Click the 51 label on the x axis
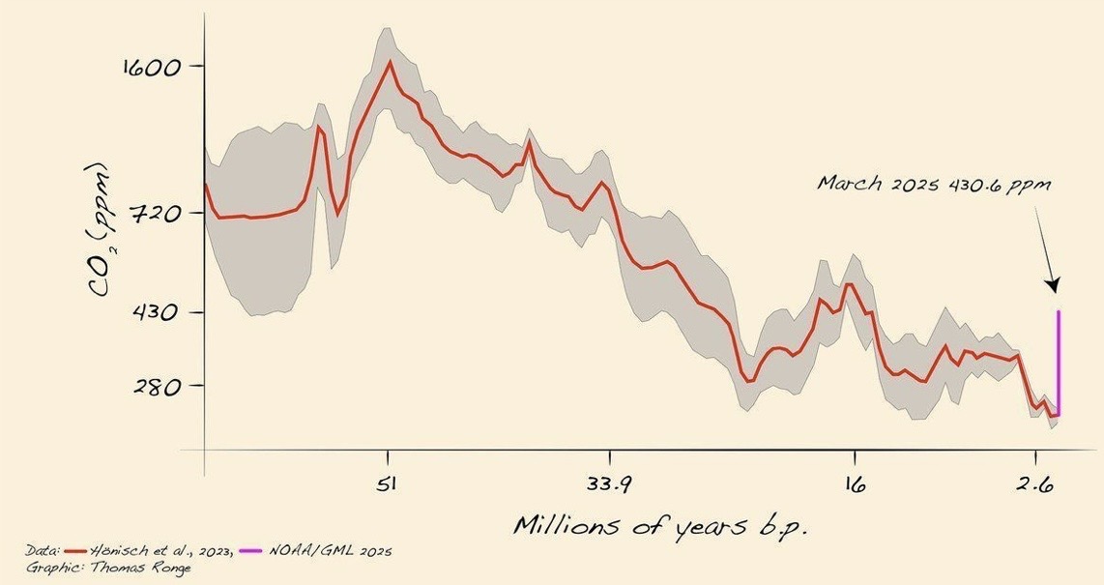pyautogui.click(x=388, y=485)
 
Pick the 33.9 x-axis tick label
pyautogui.click(x=609, y=485)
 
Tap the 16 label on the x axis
pyautogui.click(x=853, y=485)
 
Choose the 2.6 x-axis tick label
pyautogui.click(x=1035, y=485)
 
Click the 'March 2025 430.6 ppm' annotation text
pyautogui.click(x=933, y=184)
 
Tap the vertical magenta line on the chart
pyautogui.click(x=1059, y=364)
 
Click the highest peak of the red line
pyautogui.click(x=390, y=62)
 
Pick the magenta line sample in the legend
pyautogui.click(x=249, y=551)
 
